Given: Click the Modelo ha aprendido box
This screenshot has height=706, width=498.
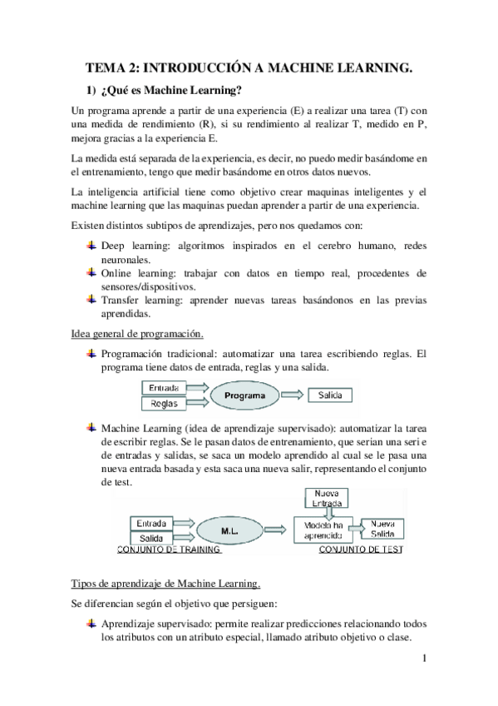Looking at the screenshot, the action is pyautogui.click(x=319, y=530).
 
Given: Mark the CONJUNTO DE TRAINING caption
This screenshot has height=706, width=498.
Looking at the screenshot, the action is pyautogui.click(x=169, y=549).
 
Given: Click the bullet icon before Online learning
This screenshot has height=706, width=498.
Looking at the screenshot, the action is pyautogui.click(x=92, y=272).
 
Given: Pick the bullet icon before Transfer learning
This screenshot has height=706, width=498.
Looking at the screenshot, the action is pyautogui.click(x=92, y=300).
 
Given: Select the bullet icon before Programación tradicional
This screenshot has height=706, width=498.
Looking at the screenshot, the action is pyautogui.click(x=92, y=354).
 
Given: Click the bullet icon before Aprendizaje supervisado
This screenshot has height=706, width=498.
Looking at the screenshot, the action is pyautogui.click(x=92, y=624).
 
